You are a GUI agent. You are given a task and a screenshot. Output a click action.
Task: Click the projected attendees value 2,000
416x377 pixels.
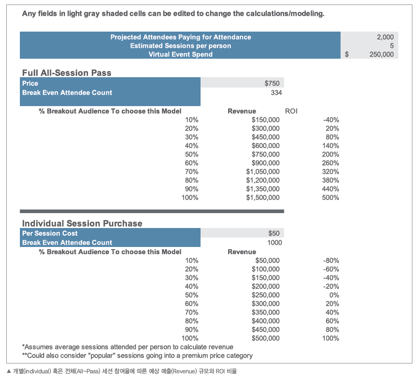tap(385, 37)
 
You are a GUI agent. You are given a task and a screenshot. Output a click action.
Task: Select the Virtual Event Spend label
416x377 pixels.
tap(180, 54)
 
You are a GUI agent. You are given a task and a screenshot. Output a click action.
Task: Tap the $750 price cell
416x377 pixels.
tap(272, 83)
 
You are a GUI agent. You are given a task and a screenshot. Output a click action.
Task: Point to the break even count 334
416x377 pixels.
tap(276, 93)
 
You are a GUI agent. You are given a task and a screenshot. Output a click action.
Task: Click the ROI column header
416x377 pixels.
tap(291, 111)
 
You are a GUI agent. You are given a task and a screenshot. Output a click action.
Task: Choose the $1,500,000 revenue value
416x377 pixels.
tap(262, 197)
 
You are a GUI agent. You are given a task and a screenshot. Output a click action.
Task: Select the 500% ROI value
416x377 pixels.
tap(331, 197)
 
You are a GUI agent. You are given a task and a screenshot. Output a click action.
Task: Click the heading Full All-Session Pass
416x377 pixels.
tap(66, 73)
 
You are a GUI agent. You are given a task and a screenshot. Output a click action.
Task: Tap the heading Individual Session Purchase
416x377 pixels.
tap(82, 223)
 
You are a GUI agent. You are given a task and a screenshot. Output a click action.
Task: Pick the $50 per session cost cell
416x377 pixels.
tap(274, 233)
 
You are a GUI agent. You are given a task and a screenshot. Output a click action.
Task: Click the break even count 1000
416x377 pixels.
tap(275, 242)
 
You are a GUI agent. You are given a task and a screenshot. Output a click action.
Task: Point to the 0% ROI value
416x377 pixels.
tap(334, 295)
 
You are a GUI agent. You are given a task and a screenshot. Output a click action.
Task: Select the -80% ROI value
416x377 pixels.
tap(331, 261)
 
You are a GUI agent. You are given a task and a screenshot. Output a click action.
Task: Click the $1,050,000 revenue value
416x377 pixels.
tap(262, 172)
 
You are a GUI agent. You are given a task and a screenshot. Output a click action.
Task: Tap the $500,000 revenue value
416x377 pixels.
tap(266, 338)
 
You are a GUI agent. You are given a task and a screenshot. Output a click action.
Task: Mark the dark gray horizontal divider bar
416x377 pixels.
tap(152, 211)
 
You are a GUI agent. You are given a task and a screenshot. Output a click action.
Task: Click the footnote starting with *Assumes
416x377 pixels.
tap(128, 347)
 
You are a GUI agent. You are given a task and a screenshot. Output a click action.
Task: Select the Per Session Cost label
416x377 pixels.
tap(50, 233)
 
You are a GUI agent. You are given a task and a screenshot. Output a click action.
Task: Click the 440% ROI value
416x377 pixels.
tap(331, 189)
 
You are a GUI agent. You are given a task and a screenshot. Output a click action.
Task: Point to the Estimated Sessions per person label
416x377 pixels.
tap(180, 46)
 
